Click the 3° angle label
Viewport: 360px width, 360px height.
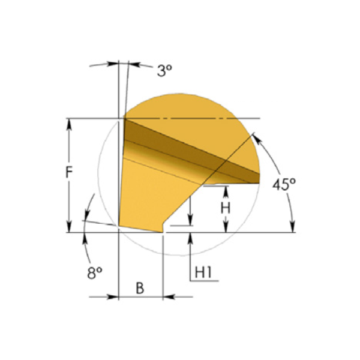(164, 70)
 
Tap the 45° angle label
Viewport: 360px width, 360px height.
(284, 184)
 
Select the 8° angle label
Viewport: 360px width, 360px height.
(95, 273)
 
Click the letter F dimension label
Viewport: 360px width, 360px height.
(69, 172)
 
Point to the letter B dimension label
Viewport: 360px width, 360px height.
(140, 288)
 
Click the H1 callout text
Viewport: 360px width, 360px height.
(203, 272)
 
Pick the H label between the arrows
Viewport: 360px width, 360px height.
(225, 208)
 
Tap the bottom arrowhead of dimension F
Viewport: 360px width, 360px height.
(69, 227)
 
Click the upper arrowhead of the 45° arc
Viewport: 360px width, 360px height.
(257, 140)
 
